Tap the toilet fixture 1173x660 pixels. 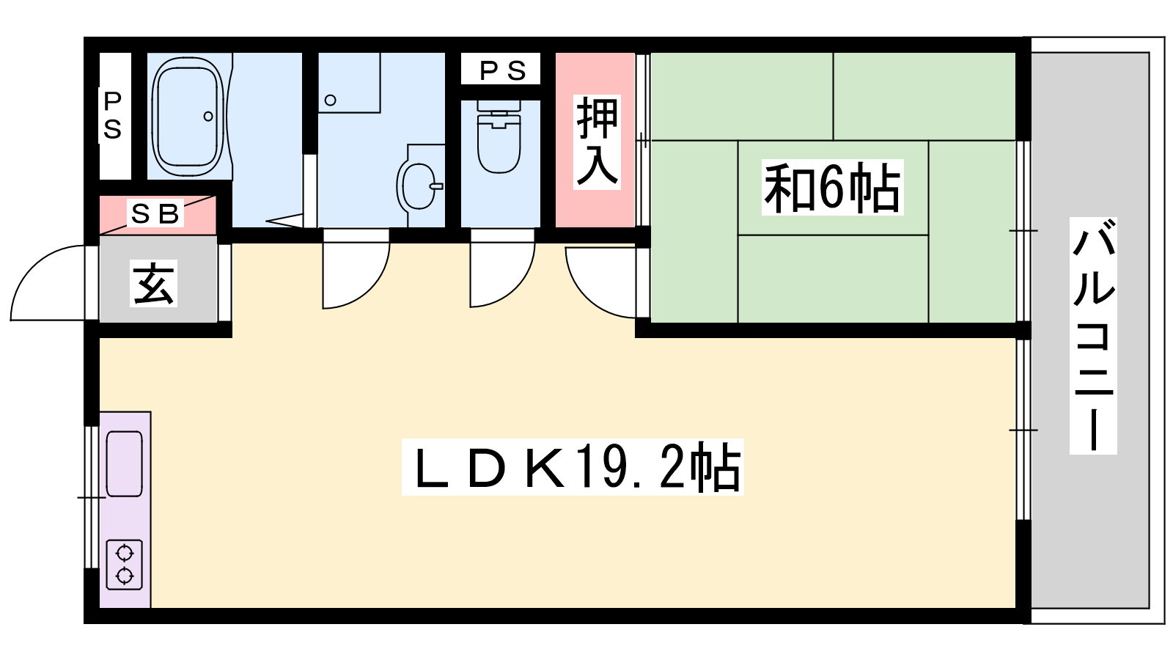point(499,136)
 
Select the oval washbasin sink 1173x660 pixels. point(418,186)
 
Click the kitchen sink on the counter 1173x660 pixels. point(124,463)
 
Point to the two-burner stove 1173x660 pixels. point(124,565)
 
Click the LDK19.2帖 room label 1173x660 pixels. point(573,467)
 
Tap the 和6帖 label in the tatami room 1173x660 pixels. point(832,187)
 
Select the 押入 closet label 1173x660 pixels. point(597,142)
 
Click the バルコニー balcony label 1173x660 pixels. point(1093,335)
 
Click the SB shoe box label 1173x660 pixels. point(155,213)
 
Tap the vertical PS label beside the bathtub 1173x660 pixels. point(113,115)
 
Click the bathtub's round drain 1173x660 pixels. point(208,117)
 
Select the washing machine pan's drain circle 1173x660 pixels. point(331,100)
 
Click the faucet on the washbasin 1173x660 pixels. point(436,186)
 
